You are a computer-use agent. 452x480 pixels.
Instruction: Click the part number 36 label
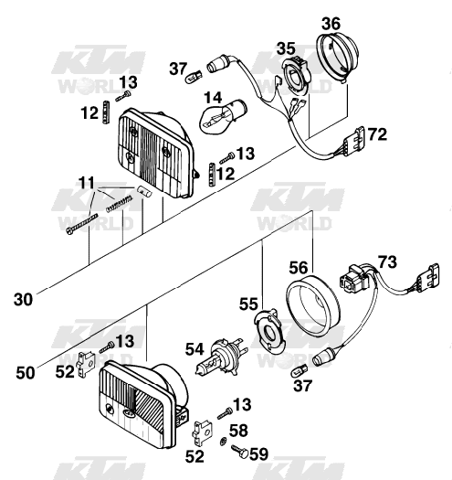tap(331, 24)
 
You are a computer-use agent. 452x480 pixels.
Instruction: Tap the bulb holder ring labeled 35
tap(297, 74)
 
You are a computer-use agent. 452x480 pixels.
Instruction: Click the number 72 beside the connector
tap(377, 134)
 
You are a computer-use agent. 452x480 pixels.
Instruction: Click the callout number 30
tap(23, 299)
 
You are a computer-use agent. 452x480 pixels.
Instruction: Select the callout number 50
tap(25, 373)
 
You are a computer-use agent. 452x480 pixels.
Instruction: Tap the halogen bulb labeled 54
tap(219, 357)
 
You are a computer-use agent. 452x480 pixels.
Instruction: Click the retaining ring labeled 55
tap(269, 332)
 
